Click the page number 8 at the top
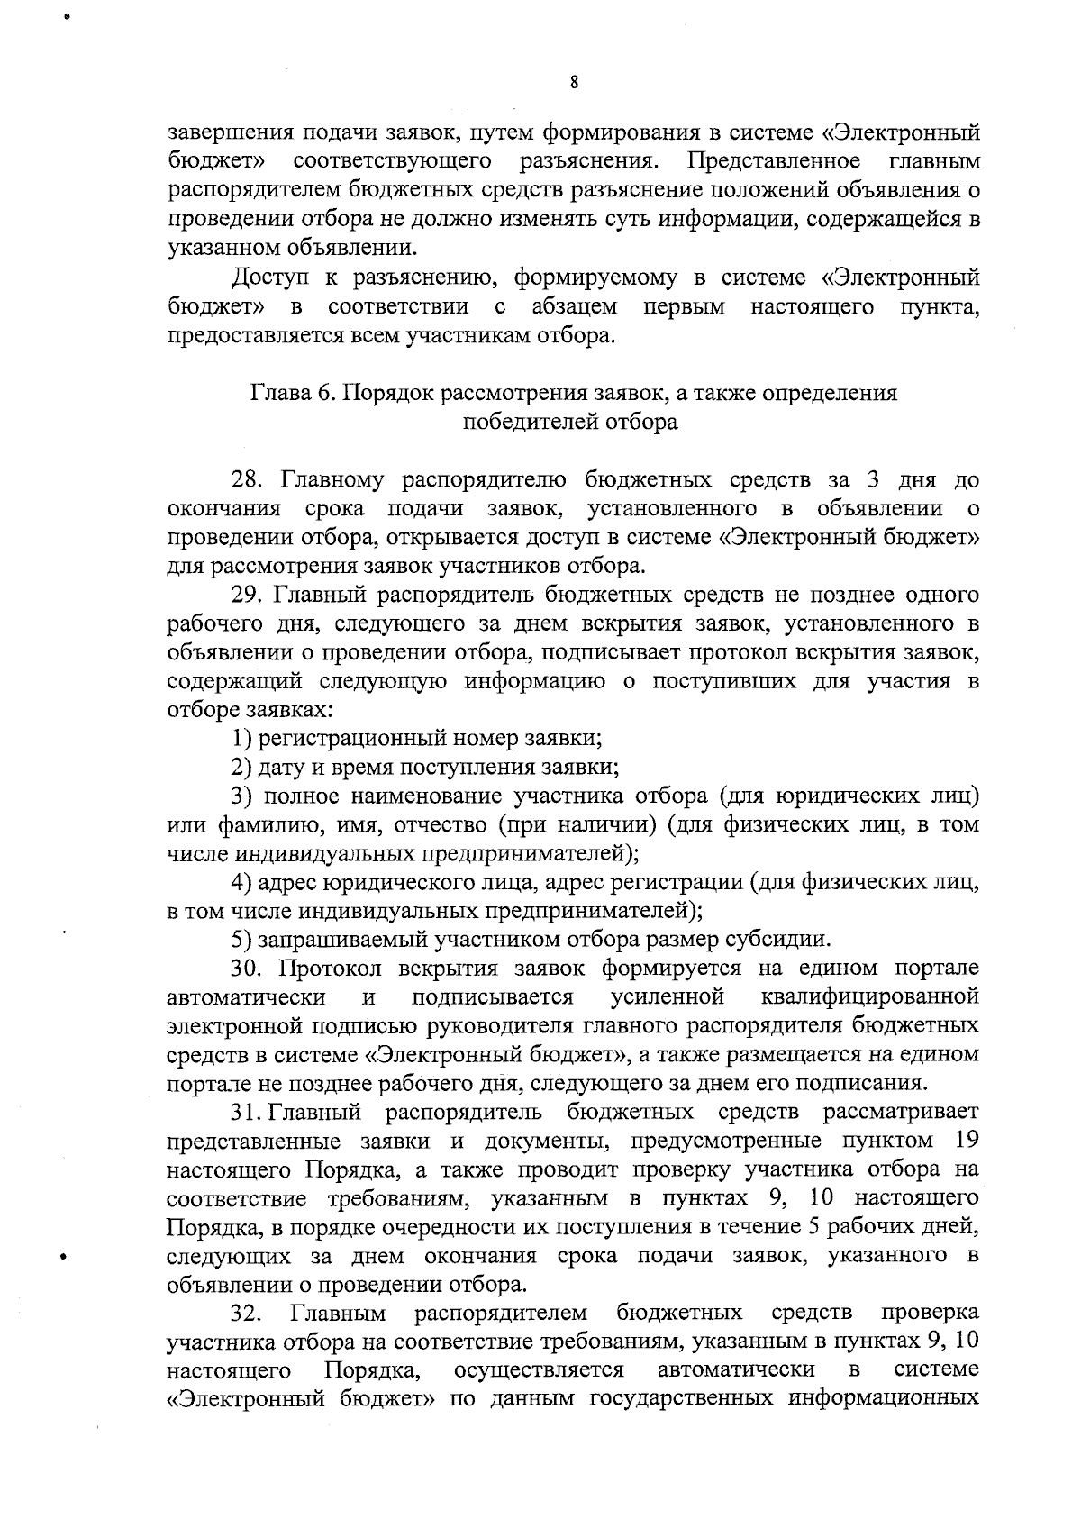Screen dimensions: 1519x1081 coord(574,83)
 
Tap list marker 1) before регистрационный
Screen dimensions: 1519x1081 coord(240,739)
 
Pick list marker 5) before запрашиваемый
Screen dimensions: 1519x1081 coord(240,940)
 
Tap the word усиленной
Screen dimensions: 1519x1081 coord(668,997)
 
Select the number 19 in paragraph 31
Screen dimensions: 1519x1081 coord(966,1141)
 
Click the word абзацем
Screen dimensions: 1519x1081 coord(575,307)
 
